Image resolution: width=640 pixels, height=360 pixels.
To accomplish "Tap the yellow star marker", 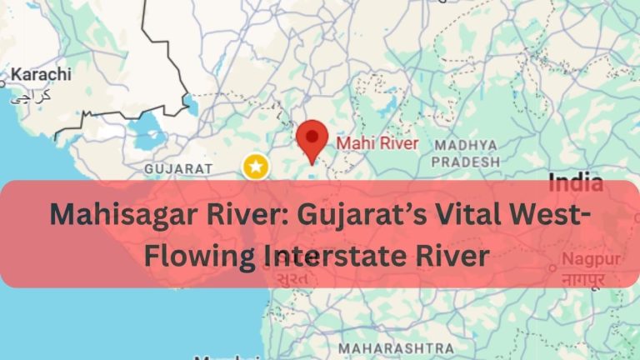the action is click(255, 167).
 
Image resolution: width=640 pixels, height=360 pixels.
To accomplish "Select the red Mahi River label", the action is click(377, 143).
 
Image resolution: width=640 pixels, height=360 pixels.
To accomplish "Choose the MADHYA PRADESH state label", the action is click(466, 152).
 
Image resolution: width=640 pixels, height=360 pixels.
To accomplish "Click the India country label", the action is click(576, 182).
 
